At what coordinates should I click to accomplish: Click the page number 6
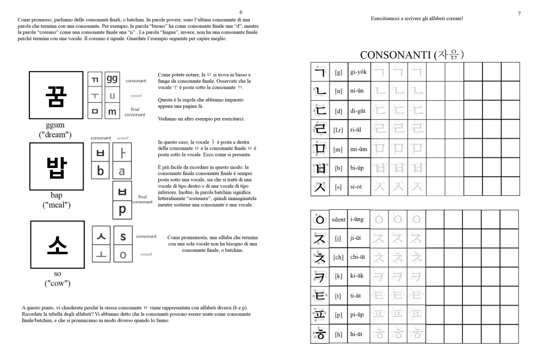tap(241, 13)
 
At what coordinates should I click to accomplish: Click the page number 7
tap(519, 13)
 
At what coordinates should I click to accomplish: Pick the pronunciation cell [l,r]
tap(338, 129)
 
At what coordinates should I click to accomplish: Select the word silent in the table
tap(338, 219)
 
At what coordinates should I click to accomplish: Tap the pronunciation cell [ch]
tap(338, 257)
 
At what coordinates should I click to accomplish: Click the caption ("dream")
tap(56, 134)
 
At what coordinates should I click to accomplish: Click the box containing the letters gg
tap(112, 79)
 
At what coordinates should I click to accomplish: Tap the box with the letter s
tap(123, 237)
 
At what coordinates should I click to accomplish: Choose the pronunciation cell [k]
tap(338, 276)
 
